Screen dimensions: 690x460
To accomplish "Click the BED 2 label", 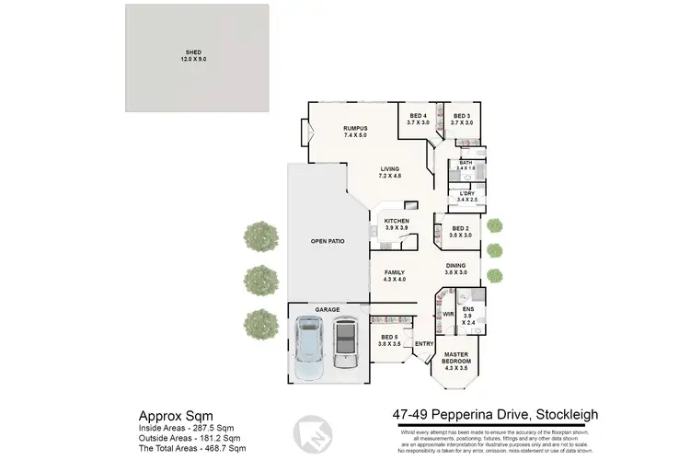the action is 461,232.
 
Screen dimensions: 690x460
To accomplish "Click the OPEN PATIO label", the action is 327,241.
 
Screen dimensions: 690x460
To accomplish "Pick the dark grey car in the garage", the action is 345,342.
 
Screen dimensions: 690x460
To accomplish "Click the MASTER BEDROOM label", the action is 456,358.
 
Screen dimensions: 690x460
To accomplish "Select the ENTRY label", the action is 424,344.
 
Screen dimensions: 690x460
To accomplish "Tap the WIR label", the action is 449,314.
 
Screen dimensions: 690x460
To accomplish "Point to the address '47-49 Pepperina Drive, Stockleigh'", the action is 489,417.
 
